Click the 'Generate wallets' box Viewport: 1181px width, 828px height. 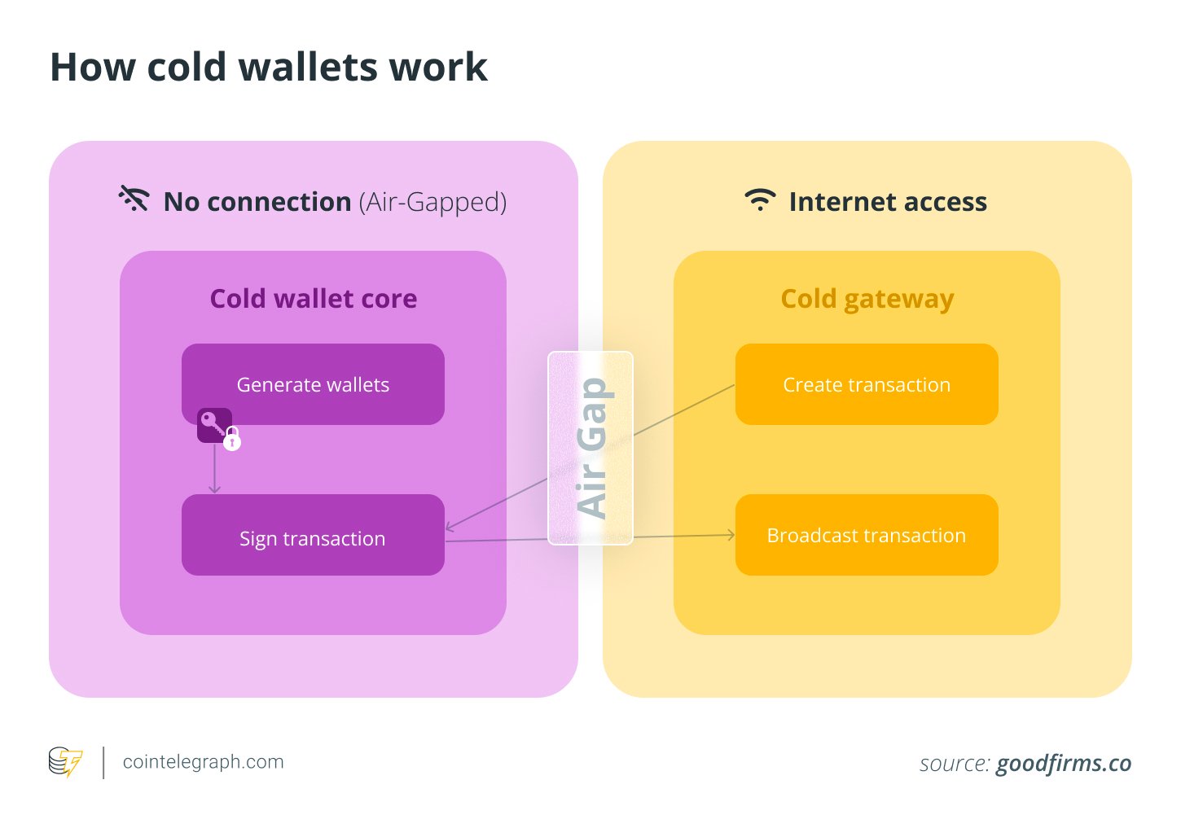click(313, 384)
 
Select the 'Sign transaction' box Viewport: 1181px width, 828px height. click(313, 537)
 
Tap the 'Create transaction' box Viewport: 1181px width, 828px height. click(867, 384)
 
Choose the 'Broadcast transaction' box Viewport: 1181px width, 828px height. click(867, 535)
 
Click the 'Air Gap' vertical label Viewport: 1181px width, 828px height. click(591, 448)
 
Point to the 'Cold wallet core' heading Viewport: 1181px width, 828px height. click(314, 299)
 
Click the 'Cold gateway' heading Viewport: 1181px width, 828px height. click(867, 299)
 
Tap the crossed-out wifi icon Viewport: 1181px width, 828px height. click(134, 199)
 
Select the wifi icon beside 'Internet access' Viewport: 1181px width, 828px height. click(760, 200)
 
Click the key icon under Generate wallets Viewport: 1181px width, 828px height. click(213, 424)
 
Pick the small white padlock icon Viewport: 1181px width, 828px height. click(232, 440)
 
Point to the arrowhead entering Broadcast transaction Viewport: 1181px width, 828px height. click(731, 535)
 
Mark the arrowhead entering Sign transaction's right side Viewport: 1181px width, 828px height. click(450, 528)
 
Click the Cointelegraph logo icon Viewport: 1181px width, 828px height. click(65, 762)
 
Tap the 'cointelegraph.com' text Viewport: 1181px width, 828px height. click(203, 762)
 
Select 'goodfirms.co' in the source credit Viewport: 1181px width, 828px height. click(1063, 764)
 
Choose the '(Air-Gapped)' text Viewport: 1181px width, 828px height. click(432, 201)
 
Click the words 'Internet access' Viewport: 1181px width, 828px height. click(888, 201)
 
